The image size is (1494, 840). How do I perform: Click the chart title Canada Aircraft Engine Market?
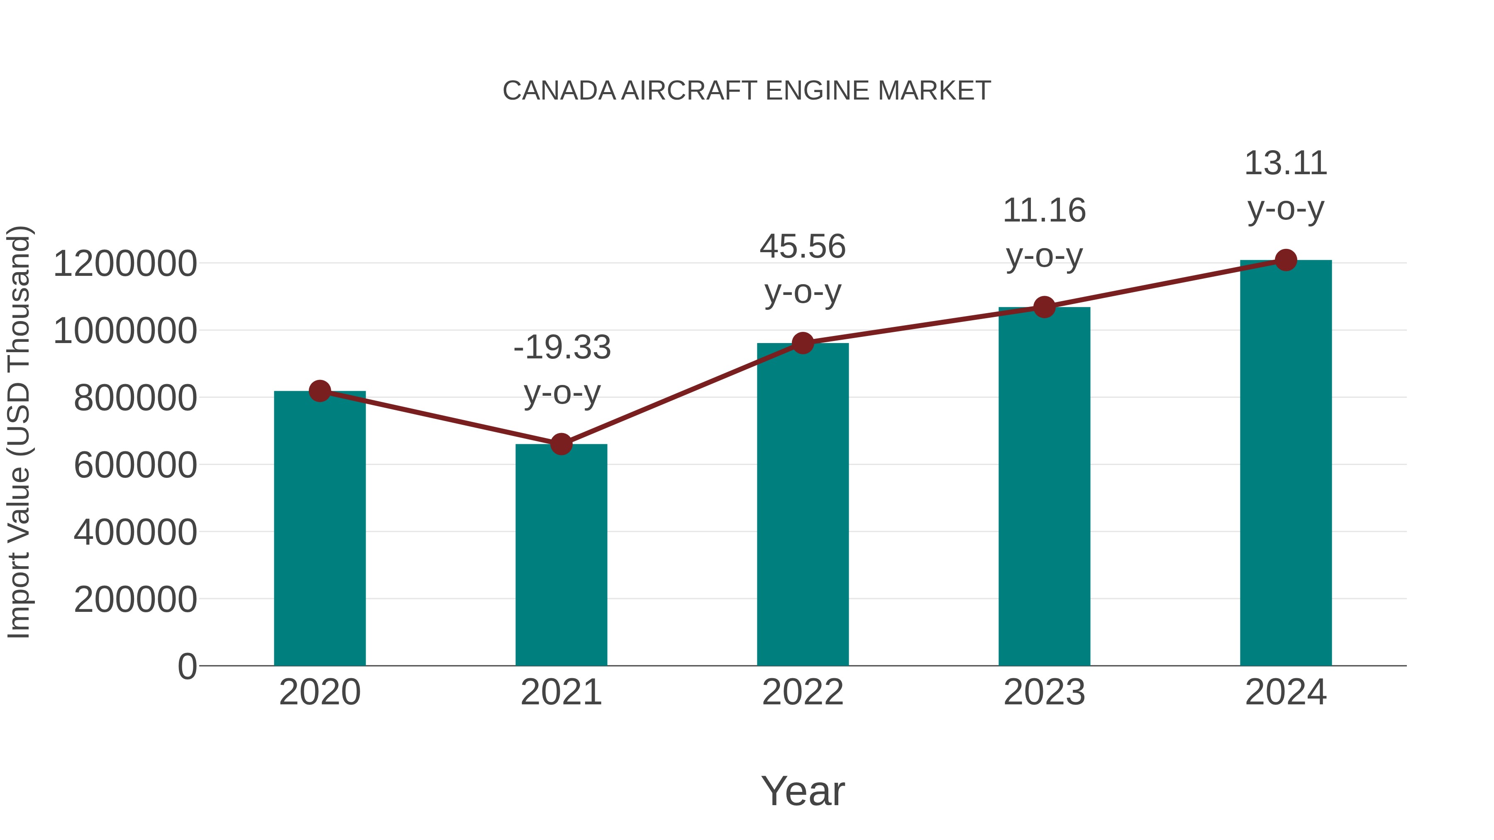747,91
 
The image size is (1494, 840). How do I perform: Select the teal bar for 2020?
320,528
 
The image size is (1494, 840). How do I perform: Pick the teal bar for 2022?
803,504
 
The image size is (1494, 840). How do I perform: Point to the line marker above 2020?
320,391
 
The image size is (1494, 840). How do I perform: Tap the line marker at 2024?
1286,260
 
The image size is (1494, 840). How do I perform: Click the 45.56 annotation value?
803,246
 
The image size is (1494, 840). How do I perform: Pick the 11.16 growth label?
1044,210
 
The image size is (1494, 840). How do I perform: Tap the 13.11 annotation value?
1285,163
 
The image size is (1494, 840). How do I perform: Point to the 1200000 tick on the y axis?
124,264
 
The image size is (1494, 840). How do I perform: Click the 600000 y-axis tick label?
135,465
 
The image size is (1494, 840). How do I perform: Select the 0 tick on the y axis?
187,666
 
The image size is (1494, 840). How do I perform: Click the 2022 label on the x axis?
803,692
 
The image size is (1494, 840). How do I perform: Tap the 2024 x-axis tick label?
1285,692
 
